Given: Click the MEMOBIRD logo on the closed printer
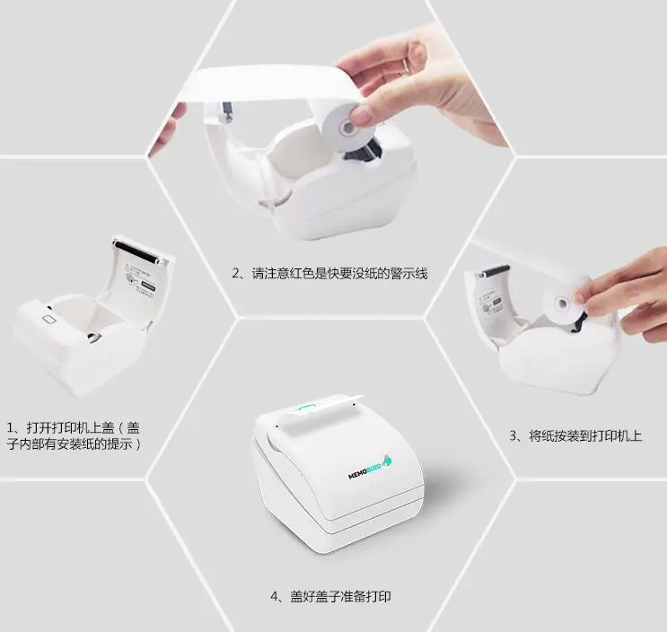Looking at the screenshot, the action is pyautogui.click(x=370, y=467).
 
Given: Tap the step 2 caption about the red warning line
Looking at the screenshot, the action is pyautogui.click(x=329, y=274).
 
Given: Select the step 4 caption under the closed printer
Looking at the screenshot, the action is pyautogui.click(x=331, y=596).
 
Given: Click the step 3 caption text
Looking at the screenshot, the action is pyautogui.click(x=576, y=435).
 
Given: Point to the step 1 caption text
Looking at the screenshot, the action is pyautogui.click(x=74, y=435).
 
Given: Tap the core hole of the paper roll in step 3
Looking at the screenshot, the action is pyautogui.click(x=563, y=303).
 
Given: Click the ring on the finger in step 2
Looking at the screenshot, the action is pyautogui.click(x=407, y=65).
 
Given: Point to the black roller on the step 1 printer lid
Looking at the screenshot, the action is pyautogui.click(x=138, y=252).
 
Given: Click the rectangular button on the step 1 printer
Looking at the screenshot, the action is pyautogui.click(x=50, y=319).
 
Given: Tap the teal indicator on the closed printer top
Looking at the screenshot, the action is pyautogui.click(x=307, y=407).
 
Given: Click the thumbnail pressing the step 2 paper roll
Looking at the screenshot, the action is pyautogui.click(x=361, y=115).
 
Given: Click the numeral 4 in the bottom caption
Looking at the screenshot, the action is pyautogui.click(x=275, y=597).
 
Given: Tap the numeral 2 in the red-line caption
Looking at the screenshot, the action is pyautogui.click(x=235, y=274).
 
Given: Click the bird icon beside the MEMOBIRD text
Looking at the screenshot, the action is pyautogui.click(x=387, y=460).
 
